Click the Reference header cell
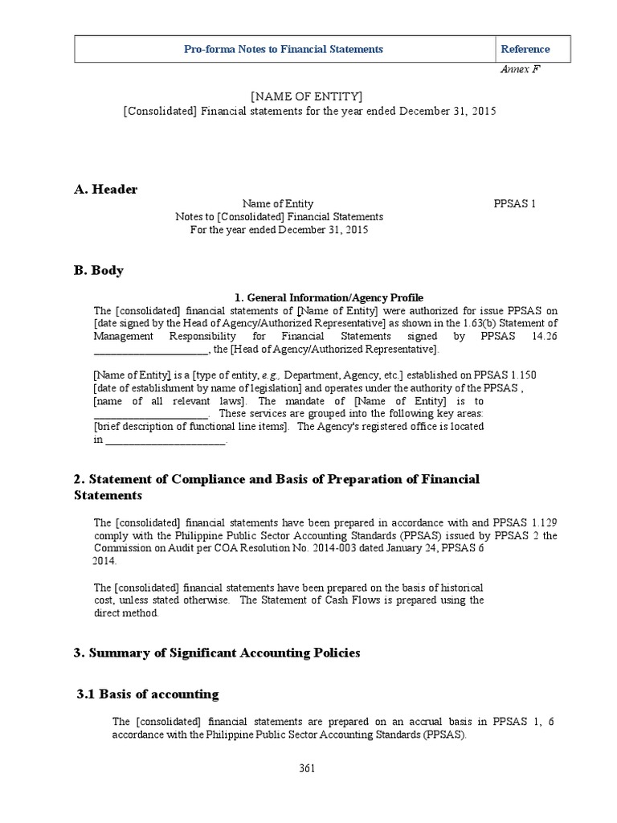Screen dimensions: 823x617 tap(525, 49)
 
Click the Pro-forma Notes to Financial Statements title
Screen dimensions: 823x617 tap(284, 49)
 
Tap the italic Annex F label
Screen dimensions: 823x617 tap(520, 69)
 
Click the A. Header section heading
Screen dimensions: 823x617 tap(105, 189)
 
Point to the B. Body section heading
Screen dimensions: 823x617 tap(99, 270)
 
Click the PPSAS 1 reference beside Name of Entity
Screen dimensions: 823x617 tap(514, 204)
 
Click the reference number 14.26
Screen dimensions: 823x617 tap(543, 336)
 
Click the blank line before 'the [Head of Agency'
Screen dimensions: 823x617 tap(150, 350)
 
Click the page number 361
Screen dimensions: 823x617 tap(306, 768)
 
